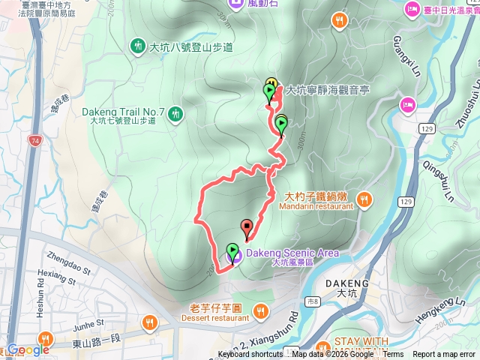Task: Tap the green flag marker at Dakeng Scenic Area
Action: [232, 252]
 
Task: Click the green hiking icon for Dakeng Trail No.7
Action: [175, 113]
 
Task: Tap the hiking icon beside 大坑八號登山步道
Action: [138, 46]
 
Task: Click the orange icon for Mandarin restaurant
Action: [364, 199]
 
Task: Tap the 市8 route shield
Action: [313, 301]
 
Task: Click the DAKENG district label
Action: [348, 283]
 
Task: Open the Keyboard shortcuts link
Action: [250, 355]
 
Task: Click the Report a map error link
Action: [445, 355]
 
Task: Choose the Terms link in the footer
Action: [393, 355]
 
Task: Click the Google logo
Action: [28, 349]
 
